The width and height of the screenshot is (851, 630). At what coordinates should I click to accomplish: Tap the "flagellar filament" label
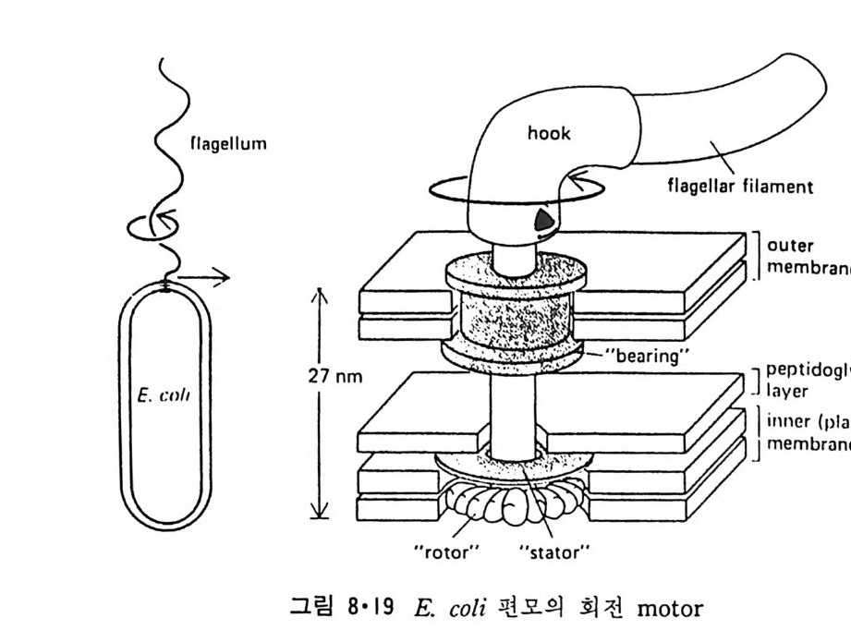[x=738, y=186]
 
